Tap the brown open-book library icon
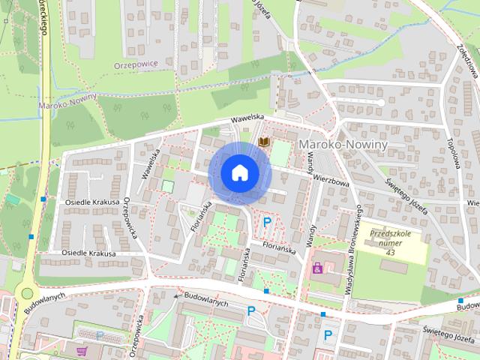pyautogui.click(x=263, y=140)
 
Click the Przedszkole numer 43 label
pyautogui.click(x=391, y=241)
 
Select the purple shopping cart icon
pyautogui.click(x=81, y=349)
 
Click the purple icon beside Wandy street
pyautogui.click(x=317, y=267)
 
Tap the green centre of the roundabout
pyautogui.click(x=28, y=293)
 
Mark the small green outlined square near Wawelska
pyautogui.click(x=168, y=185)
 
